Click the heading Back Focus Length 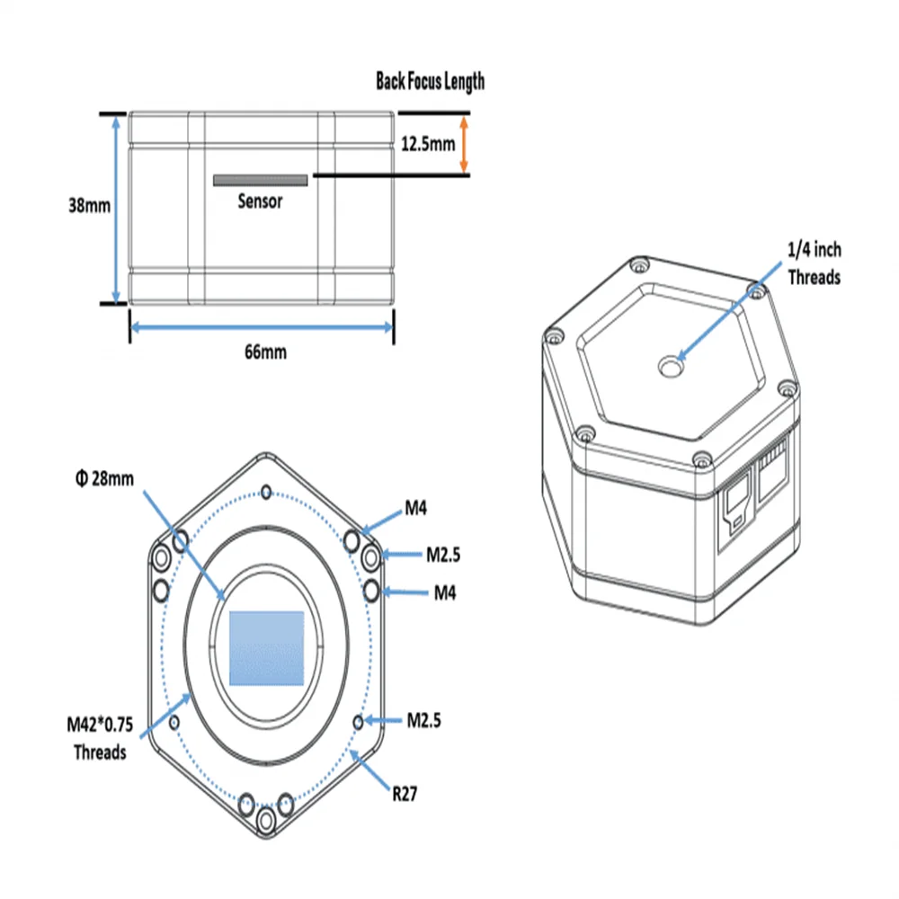(x=430, y=81)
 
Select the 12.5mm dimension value (x=426, y=143)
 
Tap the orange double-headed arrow (x=464, y=143)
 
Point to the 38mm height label (x=89, y=205)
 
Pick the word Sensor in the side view (x=260, y=201)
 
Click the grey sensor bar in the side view (x=260, y=181)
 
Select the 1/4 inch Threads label (x=814, y=264)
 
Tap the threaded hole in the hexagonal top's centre (x=671, y=366)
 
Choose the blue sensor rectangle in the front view (x=266, y=648)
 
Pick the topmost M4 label (x=414, y=510)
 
